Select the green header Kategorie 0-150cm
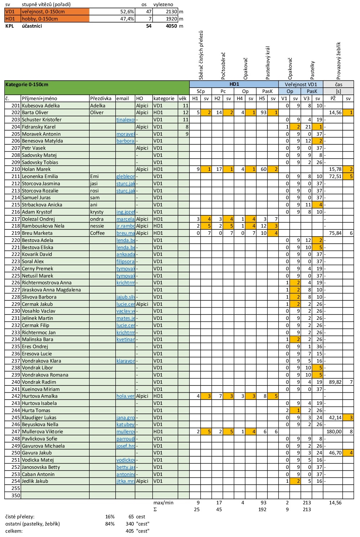(x=27, y=84)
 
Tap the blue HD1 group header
(x=234, y=84)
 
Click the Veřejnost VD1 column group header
(x=301, y=84)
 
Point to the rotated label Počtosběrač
(x=223, y=66)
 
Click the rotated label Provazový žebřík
(x=338, y=60)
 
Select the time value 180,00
(x=334, y=432)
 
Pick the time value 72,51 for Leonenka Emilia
(x=335, y=176)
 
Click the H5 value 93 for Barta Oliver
(x=263, y=112)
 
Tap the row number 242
(x=15, y=396)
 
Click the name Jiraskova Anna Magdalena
(x=51, y=290)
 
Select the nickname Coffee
(x=97, y=233)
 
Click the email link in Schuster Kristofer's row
(x=125, y=120)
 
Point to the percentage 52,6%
(x=127, y=11)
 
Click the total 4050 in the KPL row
(x=171, y=26)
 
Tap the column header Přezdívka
(x=101, y=98)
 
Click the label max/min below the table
(x=163, y=503)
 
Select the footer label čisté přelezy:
(x=20, y=517)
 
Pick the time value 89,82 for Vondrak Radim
(x=335, y=382)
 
